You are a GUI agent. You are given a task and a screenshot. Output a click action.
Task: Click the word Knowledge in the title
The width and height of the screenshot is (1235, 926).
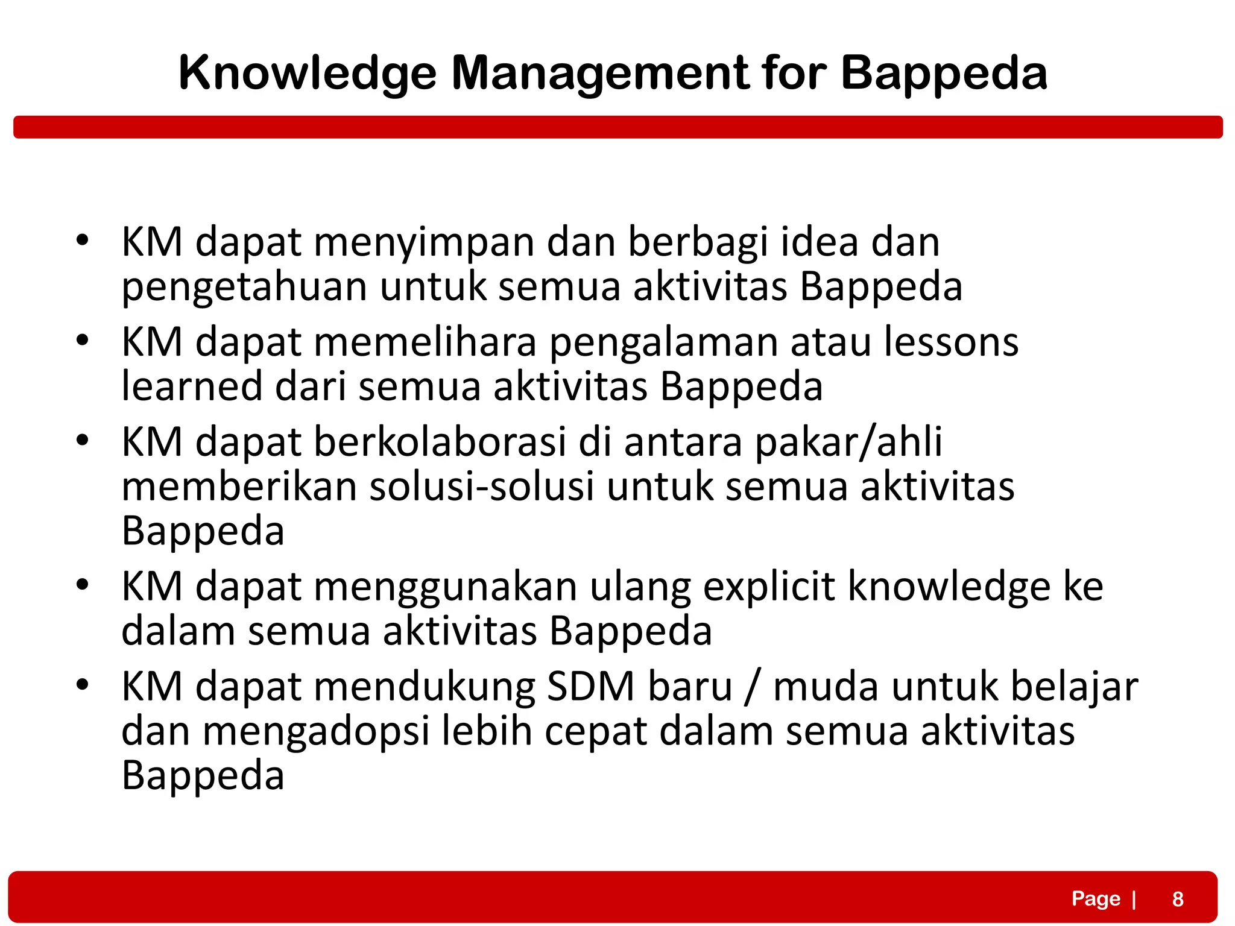[308, 74]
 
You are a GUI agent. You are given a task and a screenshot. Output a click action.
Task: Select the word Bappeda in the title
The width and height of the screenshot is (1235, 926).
[944, 74]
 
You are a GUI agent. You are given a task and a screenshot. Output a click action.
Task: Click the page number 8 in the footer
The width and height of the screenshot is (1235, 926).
[1178, 899]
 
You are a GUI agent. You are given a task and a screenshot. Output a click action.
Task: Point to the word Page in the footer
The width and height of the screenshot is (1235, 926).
[1096, 898]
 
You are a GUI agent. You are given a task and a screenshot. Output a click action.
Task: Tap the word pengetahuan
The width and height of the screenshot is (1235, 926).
[244, 288]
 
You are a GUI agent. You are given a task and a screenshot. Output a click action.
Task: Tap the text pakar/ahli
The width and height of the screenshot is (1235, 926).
[848, 442]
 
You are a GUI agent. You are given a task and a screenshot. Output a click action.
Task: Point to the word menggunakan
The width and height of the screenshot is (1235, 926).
[445, 588]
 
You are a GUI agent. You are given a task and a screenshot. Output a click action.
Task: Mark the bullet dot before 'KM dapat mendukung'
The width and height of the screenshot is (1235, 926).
[83, 685]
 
